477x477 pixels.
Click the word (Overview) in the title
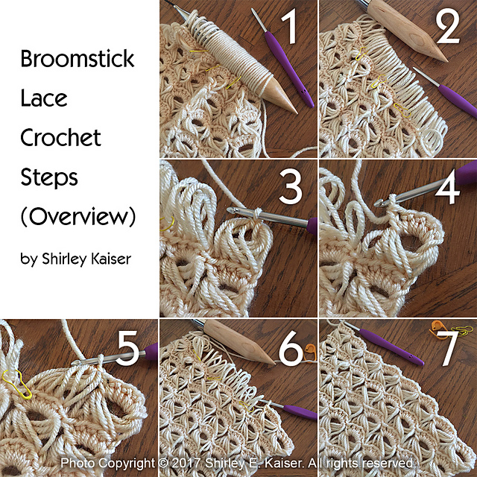[78, 218]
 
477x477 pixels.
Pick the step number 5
[127, 350]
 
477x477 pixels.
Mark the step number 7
[449, 350]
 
